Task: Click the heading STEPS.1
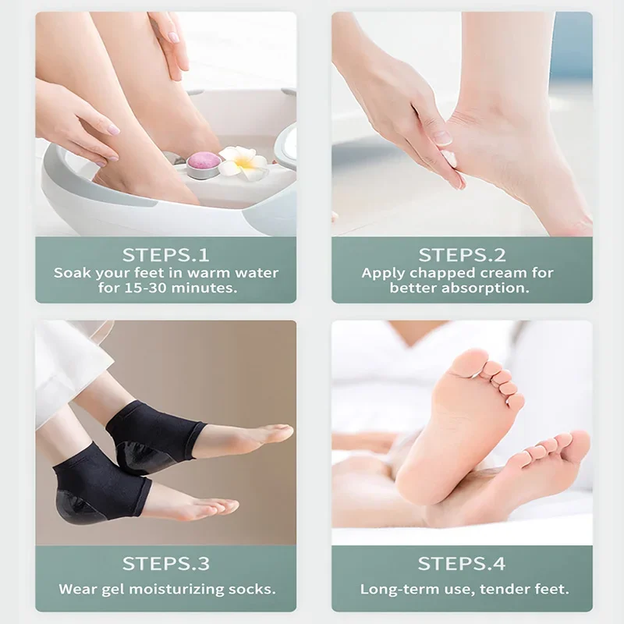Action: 165,255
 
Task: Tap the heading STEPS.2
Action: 462,255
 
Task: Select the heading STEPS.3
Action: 165,564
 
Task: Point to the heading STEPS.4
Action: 462,564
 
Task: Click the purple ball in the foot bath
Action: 204,161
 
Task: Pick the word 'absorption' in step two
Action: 491,288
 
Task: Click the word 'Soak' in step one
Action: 71,273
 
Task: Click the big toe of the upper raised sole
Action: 471,363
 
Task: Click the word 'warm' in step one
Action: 206,273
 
